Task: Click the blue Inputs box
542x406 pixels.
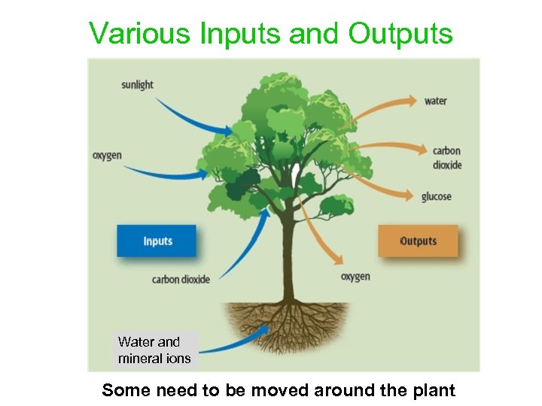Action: (157, 241)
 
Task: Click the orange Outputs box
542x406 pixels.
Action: (418, 241)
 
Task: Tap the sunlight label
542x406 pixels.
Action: (137, 84)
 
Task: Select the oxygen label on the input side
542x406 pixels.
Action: (107, 156)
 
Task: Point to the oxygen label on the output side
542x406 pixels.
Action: (355, 277)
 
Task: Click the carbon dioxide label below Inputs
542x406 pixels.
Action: (181, 280)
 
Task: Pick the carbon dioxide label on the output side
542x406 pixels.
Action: (447, 158)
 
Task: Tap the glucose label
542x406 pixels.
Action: (436, 197)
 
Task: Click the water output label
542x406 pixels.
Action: (435, 101)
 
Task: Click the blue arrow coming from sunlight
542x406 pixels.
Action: (192, 120)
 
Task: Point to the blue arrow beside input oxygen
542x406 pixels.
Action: (166, 174)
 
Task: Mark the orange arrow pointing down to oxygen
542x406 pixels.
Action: (316, 233)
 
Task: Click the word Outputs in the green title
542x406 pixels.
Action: (400, 34)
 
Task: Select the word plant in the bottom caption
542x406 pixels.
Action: (431, 390)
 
